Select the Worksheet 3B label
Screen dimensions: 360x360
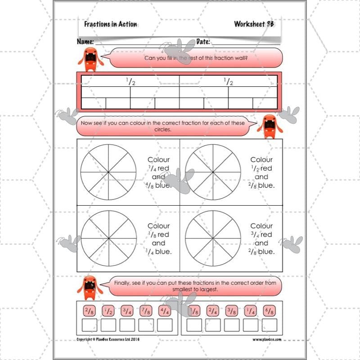click(255, 24)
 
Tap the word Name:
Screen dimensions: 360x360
click(85, 42)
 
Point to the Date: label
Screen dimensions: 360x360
click(203, 42)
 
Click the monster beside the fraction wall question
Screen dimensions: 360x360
click(90, 58)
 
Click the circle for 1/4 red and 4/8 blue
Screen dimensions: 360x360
click(108, 172)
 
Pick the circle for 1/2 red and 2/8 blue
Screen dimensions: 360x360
click(213, 172)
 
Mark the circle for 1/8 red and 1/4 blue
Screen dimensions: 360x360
click(108, 238)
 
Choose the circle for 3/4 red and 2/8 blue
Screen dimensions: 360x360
click(213, 238)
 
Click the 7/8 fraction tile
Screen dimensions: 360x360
click(146, 310)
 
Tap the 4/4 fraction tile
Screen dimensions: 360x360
click(165, 310)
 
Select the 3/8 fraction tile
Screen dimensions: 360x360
click(231, 310)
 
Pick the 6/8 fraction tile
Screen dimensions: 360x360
click(269, 310)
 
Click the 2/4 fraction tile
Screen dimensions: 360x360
click(212, 310)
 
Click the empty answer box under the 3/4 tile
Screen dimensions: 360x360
click(127, 325)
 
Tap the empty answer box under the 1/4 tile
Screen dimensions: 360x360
click(250, 325)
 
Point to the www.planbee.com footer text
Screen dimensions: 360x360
click(267, 340)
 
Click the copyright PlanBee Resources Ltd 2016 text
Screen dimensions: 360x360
click(108, 340)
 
